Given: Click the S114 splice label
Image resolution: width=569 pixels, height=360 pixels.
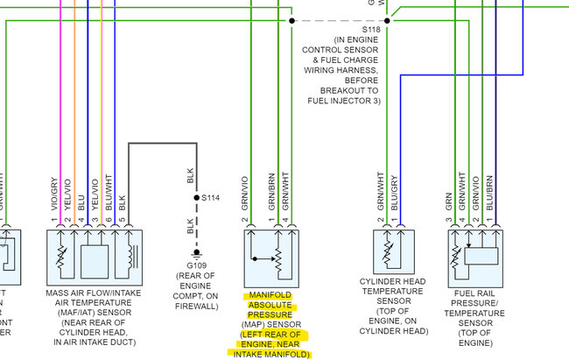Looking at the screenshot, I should [211, 199].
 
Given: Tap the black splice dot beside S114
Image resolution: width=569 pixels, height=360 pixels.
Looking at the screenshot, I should [196, 199].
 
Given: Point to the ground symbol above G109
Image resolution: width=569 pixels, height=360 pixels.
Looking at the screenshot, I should [196, 253].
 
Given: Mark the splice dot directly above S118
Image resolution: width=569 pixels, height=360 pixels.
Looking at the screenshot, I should [386, 18].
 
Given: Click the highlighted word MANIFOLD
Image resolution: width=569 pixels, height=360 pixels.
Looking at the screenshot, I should [271, 295].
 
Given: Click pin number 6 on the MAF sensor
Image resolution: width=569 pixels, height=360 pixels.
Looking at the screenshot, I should [109, 222].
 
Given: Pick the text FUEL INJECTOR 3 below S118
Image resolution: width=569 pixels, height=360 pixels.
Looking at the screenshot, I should [342, 101].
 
